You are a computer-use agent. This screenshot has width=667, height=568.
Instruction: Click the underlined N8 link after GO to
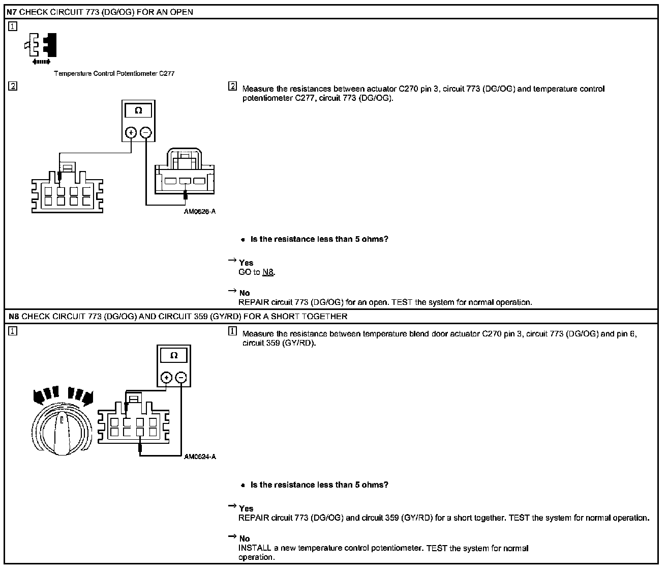pos(268,272)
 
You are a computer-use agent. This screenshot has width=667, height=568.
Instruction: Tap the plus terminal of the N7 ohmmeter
pos(131,133)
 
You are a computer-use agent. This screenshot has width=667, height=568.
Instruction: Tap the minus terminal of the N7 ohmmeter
pos(145,133)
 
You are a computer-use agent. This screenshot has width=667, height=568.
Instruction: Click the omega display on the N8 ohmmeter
pos(174,355)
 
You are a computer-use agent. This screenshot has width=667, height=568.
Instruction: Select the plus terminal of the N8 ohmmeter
pos(166,378)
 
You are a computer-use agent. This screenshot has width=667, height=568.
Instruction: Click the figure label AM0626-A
pos(200,212)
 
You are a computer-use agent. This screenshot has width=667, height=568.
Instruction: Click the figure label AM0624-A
pos(200,457)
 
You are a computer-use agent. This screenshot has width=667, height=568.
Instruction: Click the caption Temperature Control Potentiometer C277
pos(114,73)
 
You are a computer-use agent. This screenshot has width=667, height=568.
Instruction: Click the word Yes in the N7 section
pos(246,263)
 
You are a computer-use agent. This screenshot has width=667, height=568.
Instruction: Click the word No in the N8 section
pos(245,538)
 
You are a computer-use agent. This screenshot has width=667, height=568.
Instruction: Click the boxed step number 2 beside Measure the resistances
pos(233,87)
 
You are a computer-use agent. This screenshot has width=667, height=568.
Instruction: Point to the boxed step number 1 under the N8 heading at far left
pos(13,331)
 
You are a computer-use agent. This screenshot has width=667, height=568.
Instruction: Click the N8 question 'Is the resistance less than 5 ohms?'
pos(319,485)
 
